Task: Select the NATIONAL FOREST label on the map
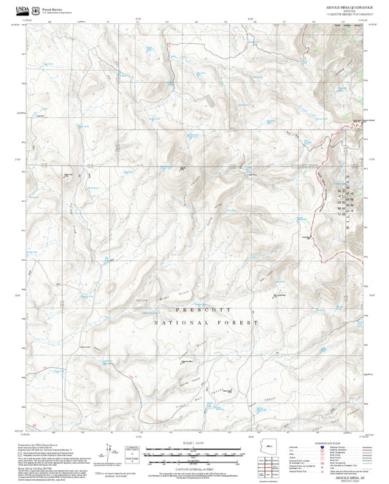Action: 206,322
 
